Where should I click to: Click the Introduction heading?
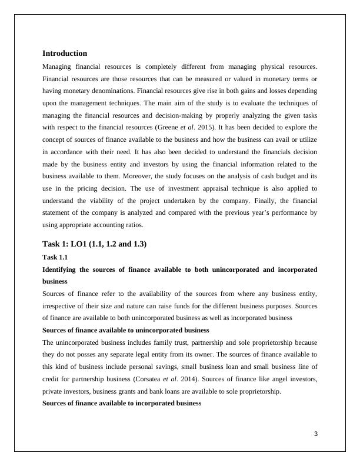65,53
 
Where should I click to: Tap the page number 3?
315,434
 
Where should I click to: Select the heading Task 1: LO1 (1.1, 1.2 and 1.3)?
94,244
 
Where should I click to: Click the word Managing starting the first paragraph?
59,66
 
